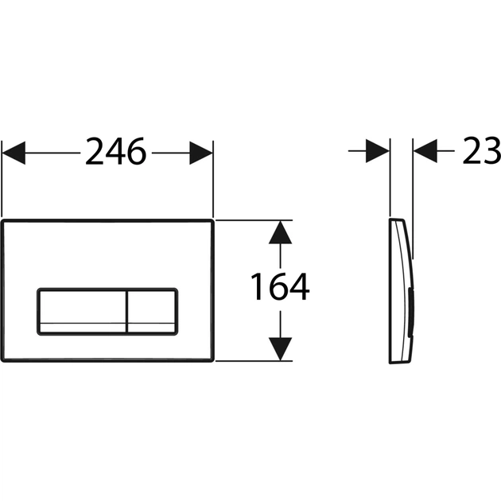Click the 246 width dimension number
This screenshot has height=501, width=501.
[x=116, y=151]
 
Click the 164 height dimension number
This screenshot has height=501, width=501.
[x=280, y=288]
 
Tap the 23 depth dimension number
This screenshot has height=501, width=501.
[x=481, y=151]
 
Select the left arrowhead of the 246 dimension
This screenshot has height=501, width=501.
[x=14, y=152]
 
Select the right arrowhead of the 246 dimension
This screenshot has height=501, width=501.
[x=200, y=152]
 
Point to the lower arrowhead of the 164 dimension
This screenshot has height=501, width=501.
[x=278, y=348]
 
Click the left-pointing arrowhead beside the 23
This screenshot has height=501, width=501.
[x=427, y=151]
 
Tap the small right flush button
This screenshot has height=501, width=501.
[x=151, y=310]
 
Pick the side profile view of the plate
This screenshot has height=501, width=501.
[x=400, y=289]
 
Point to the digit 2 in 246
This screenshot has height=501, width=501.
[x=95, y=151]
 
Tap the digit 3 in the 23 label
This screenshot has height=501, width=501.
[x=491, y=151]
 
